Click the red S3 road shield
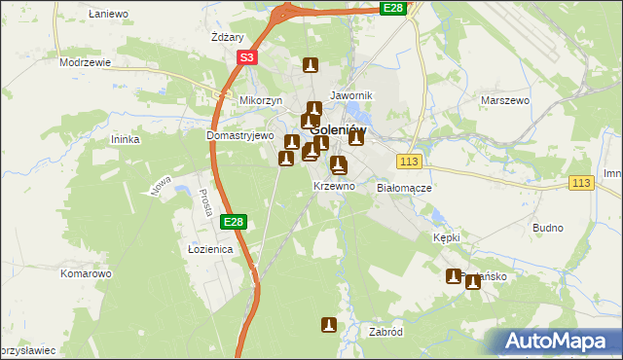click(x=247, y=58)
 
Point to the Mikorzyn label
click(x=261, y=100)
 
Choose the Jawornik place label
click(x=351, y=95)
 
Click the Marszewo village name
click(x=504, y=99)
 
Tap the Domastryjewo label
click(x=240, y=136)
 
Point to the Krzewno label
click(x=333, y=185)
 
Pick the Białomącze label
click(x=404, y=188)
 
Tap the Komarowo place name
click(x=86, y=273)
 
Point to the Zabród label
click(x=386, y=331)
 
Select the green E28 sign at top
click(x=392, y=8)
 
